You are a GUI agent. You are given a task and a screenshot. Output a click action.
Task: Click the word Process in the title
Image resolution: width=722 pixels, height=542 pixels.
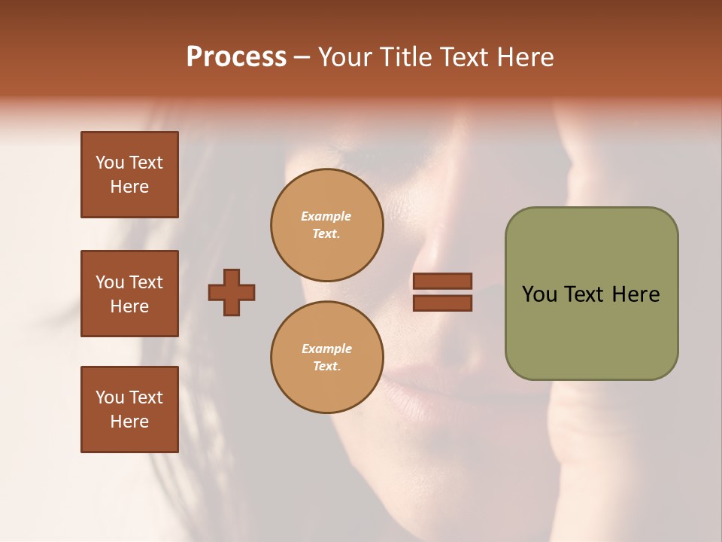click(x=236, y=57)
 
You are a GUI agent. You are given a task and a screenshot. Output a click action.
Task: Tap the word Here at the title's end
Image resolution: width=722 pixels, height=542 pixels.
click(x=524, y=57)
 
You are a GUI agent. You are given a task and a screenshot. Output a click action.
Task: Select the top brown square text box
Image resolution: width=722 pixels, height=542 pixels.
click(x=129, y=175)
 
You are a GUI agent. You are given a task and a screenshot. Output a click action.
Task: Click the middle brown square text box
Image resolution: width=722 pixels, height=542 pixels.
click(x=129, y=294)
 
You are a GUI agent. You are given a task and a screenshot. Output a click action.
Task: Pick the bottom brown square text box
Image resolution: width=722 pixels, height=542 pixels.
click(x=129, y=410)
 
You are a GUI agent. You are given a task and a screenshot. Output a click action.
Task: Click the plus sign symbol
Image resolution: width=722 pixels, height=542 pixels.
click(x=232, y=292)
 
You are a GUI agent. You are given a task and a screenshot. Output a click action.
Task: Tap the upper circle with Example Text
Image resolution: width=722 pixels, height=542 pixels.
click(x=326, y=225)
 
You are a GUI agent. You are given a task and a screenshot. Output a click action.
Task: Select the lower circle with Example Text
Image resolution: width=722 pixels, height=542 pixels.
click(x=326, y=358)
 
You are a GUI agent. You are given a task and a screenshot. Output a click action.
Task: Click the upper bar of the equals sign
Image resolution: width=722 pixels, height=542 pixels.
click(x=443, y=281)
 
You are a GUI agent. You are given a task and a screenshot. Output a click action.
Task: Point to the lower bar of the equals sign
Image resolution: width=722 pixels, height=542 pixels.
click(x=443, y=303)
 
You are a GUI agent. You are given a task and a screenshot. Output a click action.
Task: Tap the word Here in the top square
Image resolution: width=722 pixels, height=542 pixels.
click(x=129, y=187)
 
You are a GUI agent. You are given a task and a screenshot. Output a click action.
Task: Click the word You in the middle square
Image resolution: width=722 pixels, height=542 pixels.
click(x=109, y=282)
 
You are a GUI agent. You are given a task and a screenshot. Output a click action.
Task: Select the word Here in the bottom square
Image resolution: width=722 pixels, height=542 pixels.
click(x=129, y=422)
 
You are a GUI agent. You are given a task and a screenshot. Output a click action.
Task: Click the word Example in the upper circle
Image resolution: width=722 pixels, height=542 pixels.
click(x=326, y=217)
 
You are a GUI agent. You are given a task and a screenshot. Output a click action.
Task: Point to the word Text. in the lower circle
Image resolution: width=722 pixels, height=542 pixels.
click(x=326, y=367)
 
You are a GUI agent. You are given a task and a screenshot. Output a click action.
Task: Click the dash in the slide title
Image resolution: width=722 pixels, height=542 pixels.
click(x=302, y=57)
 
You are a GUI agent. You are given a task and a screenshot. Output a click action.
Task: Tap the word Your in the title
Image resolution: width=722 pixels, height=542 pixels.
click(x=345, y=57)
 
